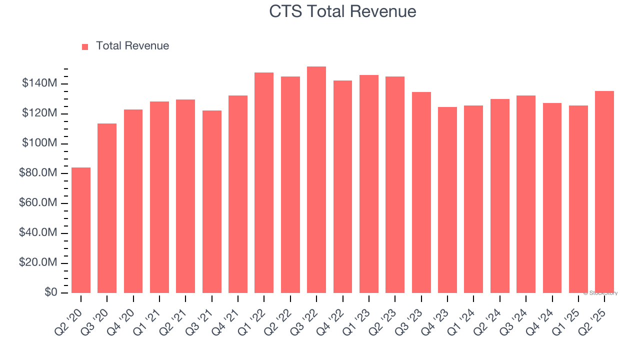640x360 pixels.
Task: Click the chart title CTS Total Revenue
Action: coord(342,11)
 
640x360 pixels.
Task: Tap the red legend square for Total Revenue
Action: coord(85,46)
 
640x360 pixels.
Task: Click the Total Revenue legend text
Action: coord(132,46)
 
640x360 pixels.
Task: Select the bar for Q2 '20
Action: coord(81,230)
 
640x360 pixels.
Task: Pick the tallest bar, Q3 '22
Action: coord(316,180)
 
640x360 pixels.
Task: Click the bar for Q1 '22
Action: coord(264,182)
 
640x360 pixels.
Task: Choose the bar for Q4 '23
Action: coord(447,200)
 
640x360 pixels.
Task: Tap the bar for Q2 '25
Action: coord(604,192)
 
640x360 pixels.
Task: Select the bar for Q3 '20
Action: coord(107,208)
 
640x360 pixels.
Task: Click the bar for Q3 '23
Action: coord(421,192)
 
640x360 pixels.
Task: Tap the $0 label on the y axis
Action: coord(50,292)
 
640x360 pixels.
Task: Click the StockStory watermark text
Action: coord(601,293)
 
